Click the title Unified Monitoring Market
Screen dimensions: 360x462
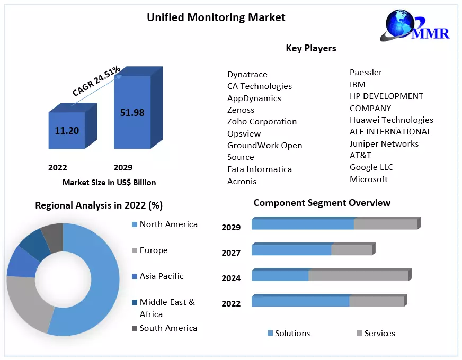pyautogui.click(x=216, y=17)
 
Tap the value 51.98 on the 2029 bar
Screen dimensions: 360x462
pyautogui.click(x=132, y=112)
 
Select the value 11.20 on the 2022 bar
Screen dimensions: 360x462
pyautogui.click(x=67, y=130)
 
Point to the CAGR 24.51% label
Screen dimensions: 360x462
pyautogui.click(x=96, y=81)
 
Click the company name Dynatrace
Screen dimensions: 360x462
pyautogui.click(x=247, y=75)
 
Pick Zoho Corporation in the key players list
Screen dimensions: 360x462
pyautogui.click(x=262, y=122)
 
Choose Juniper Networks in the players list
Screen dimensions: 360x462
pyautogui.click(x=384, y=143)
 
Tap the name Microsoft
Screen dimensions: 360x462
pyautogui.click(x=369, y=179)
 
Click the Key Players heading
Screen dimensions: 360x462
pyautogui.click(x=311, y=48)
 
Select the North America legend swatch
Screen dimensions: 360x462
pyautogui.click(x=135, y=225)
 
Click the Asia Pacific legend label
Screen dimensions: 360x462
pyautogui.click(x=162, y=276)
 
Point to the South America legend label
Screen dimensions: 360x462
pyautogui.click(x=168, y=328)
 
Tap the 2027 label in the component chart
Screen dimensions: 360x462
pyautogui.click(x=231, y=253)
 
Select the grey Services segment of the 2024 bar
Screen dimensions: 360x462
pyautogui.click(x=358, y=276)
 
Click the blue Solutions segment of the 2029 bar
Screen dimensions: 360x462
pyautogui.click(x=302, y=224)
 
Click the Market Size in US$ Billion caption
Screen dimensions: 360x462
pyautogui.click(x=109, y=183)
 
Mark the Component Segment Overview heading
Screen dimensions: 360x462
pyautogui.click(x=322, y=203)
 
